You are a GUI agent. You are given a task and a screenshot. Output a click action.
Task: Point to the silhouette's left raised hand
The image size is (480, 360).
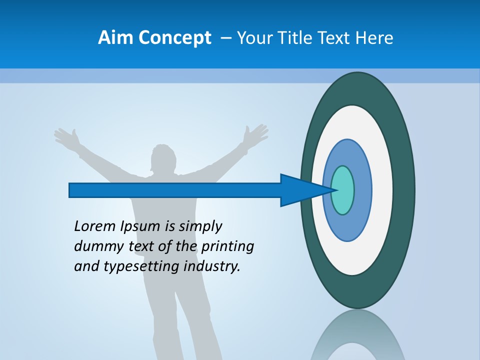[x=67, y=136]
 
